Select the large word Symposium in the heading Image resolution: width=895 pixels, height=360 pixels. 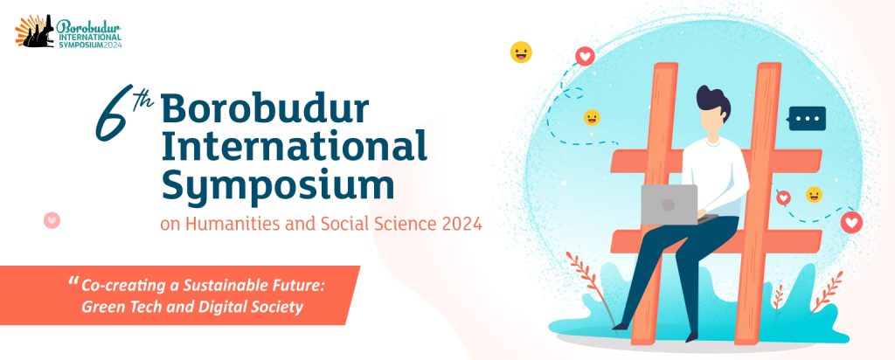(278, 185)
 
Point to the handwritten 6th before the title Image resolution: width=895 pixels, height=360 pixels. (123, 112)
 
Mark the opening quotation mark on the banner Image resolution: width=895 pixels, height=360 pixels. (73, 281)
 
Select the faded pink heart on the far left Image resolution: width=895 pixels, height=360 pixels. (52, 219)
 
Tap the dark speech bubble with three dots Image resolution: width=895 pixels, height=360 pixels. (806, 119)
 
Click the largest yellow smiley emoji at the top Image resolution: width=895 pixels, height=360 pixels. (521, 52)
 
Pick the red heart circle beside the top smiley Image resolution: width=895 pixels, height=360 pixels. (585, 56)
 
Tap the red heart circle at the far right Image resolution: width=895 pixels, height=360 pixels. (851, 222)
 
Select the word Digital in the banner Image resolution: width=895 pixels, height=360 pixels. (224, 308)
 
